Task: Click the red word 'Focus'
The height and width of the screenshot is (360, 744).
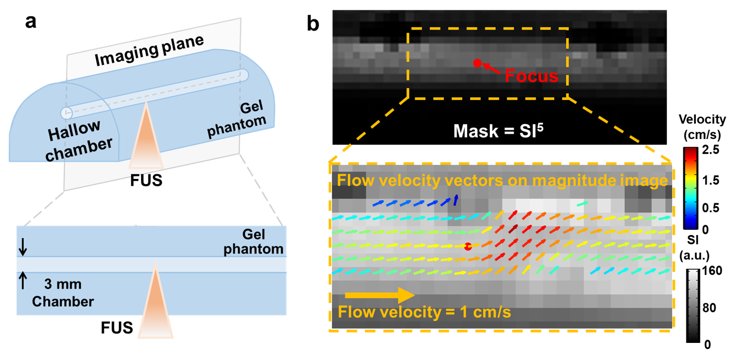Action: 531,76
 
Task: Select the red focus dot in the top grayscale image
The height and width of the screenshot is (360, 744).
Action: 476,63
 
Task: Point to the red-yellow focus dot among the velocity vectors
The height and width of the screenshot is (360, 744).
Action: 468,247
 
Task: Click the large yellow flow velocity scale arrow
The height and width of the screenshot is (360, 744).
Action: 380,296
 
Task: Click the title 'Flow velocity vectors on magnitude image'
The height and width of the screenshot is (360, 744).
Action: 501,181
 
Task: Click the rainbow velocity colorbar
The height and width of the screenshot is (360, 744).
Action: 691,188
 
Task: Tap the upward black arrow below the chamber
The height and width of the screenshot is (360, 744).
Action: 22,280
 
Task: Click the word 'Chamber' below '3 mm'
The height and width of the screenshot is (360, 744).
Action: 63,301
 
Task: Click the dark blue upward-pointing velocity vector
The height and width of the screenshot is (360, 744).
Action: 456,200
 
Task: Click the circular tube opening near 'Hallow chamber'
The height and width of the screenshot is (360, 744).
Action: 67,113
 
